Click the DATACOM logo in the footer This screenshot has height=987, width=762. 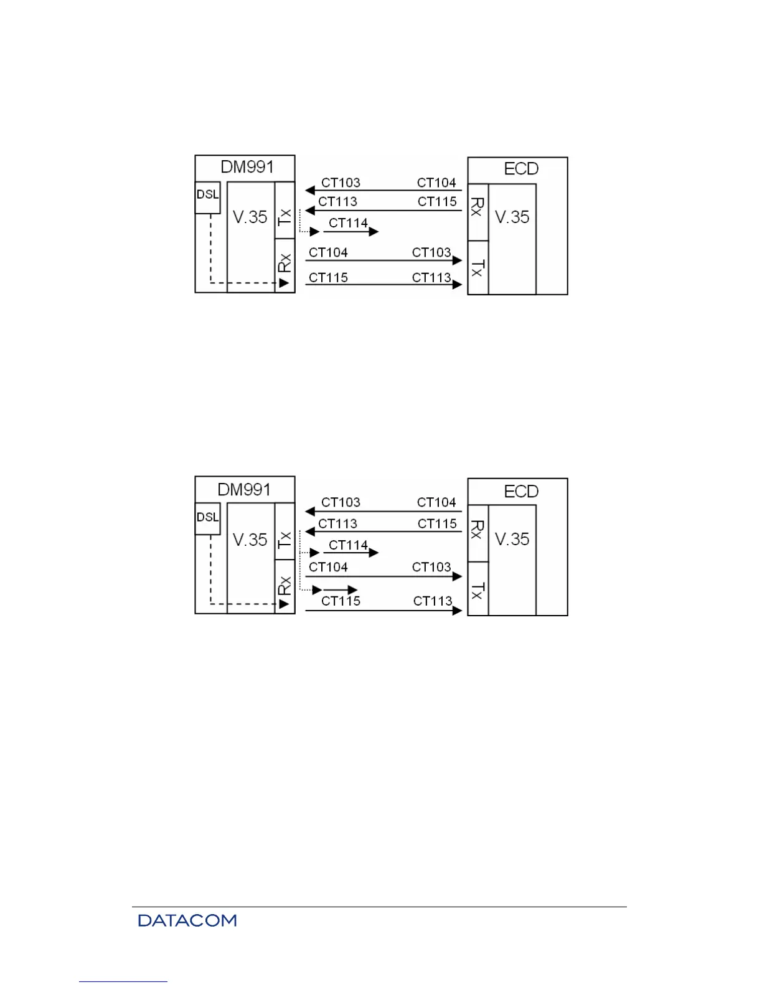(187, 920)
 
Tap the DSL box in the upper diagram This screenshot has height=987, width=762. (207, 194)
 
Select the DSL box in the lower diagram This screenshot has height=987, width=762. (207, 517)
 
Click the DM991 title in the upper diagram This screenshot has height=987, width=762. (247, 167)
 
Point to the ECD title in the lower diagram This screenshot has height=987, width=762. (520, 492)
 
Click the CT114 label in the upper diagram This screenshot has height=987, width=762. (348, 223)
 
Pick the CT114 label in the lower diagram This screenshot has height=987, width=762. (348, 545)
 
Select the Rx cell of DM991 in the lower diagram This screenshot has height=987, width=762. (285, 586)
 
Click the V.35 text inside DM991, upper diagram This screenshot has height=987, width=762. (250, 217)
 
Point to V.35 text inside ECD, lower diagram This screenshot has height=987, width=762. (512, 539)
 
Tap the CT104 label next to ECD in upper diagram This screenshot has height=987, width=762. (436, 183)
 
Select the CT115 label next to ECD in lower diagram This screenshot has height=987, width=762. (437, 523)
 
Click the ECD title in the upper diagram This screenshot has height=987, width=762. (520, 169)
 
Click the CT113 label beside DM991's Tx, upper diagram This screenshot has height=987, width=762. (337, 201)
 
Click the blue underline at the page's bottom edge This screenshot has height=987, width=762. (123, 981)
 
